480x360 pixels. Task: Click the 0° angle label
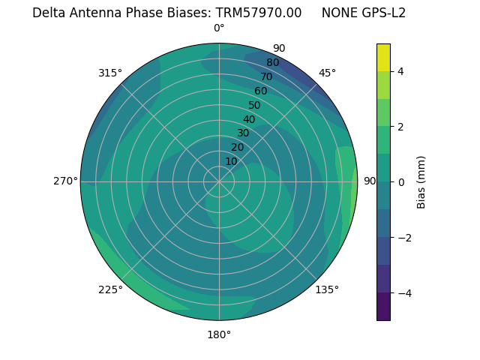(x=219, y=28)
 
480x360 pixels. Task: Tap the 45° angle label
(x=327, y=73)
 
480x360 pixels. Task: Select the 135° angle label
(x=327, y=289)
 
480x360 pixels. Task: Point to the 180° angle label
(x=219, y=334)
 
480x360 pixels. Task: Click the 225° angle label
(x=110, y=289)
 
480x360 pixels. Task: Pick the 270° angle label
(x=65, y=181)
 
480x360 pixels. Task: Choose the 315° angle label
(x=110, y=73)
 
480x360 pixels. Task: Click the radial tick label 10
(x=231, y=161)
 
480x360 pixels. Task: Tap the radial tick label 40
(x=249, y=119)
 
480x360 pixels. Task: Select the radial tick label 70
(x=266, y=77)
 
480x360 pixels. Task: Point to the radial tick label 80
(x=272, y=63)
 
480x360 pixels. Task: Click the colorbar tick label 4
(x=401, y=71)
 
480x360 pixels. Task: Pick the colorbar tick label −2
(x=403, y=237)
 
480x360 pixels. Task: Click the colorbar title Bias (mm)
(x=421, y=181)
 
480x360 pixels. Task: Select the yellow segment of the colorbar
(x=383, y=57)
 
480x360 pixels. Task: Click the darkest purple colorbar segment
(x=383, y=306)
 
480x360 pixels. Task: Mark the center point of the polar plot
(x=219, y=181)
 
